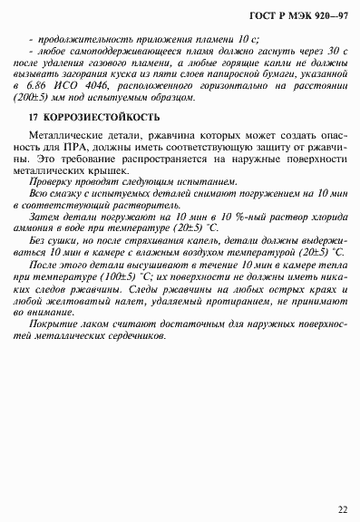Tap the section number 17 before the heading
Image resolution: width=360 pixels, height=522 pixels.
click(34, 119)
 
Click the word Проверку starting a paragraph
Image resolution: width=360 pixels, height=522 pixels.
click(57, 180)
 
